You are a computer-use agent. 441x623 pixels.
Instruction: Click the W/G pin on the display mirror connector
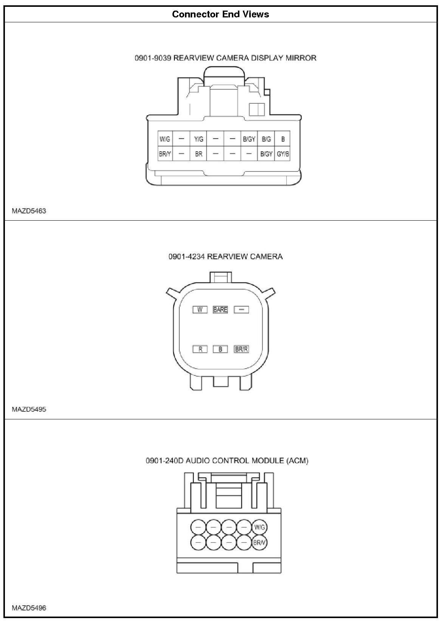coord(165,139)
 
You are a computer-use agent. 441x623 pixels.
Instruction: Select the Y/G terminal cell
coord(199,139)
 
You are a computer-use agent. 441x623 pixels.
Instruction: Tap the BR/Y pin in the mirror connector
coord(165,154)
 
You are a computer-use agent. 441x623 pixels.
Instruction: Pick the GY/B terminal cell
coord(283,154)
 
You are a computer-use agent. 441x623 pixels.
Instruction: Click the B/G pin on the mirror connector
coord(266,139)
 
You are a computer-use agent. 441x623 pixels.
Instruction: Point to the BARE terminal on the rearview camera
coord(220,310)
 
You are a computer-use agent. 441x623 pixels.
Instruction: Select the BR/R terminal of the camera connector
coord(241,349)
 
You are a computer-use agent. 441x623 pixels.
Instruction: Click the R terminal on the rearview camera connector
coord(200,349)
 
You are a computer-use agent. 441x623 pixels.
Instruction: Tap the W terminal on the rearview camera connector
coord(200,310)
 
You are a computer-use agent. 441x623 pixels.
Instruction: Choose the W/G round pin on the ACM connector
coord(259,527)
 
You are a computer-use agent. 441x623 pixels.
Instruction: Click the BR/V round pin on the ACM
coord(259,542)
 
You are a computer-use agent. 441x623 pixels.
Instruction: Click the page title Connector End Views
coord(220,14)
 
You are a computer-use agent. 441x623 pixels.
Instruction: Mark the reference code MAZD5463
coord(29,211)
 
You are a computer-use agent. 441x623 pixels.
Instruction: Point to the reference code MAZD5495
coord(29,409)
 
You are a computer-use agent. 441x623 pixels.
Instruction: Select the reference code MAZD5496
coord(29,608)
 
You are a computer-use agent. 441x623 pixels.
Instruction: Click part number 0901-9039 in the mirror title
coord(153,58)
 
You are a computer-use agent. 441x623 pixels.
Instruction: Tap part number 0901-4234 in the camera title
coord(186,257)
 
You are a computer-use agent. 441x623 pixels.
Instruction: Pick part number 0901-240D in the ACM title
coord(164,461)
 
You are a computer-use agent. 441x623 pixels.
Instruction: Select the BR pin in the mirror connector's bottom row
coord(199,154)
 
